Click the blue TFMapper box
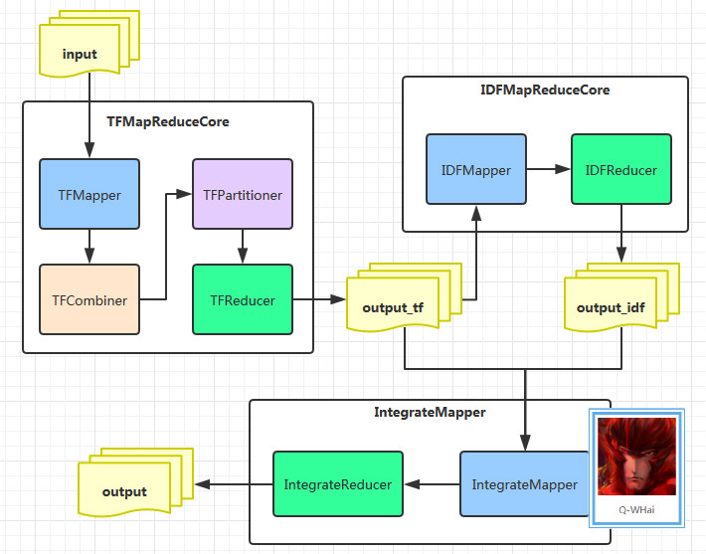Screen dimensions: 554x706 [89, 195]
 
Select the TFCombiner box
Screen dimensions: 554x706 [89, 299]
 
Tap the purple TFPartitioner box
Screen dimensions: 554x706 [243, 195]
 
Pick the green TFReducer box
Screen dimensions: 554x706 [243, 299]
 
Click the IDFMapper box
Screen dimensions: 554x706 [476, 170]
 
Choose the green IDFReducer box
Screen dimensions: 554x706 [621, 170]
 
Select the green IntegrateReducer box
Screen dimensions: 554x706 [338, 484]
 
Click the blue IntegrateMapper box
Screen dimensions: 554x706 [524, 484]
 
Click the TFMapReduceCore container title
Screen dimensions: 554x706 [167, 122]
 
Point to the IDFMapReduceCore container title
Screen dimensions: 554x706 [545, 90]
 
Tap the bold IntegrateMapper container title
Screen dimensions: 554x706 [430, 411]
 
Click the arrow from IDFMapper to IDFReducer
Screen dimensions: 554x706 [548, 170]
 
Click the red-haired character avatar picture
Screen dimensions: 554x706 [636, 458]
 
